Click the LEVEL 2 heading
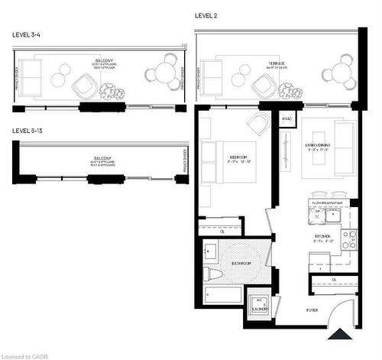click(x=206, y=15)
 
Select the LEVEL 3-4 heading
click(x=28, y=35)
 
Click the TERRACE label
click(x=277, y=63)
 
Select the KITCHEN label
click(x=322, y=237)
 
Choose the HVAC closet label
click(x=287, y=119)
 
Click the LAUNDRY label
click(x=261, y=309)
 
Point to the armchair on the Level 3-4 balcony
click(x=86, y=88)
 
